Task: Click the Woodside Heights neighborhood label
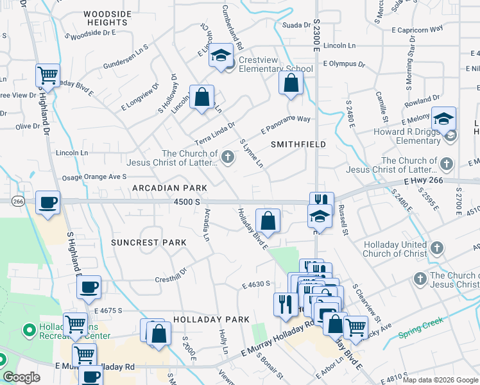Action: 107,17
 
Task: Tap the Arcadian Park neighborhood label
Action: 169,188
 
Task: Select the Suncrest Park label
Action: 148,243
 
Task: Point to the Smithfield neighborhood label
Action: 298,144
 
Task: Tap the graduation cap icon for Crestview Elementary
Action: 221,55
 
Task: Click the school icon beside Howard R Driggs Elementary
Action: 443,118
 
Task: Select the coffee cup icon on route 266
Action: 48,202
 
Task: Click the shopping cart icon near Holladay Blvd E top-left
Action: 48,75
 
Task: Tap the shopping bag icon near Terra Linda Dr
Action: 202,98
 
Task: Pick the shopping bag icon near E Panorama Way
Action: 291,83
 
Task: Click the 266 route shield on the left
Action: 18,201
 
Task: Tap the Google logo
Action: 21,377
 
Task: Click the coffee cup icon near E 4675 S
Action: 89,287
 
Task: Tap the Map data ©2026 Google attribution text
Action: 440,379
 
